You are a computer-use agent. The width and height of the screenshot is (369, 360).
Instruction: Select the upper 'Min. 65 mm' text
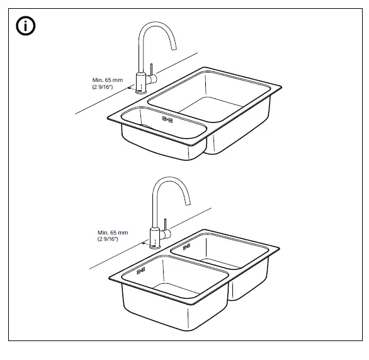[x=105, y=79]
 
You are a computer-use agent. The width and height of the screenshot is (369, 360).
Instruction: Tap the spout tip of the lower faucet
[x=188, y=204]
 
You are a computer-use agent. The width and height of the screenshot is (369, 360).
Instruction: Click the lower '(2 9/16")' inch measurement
[x=111, y=240]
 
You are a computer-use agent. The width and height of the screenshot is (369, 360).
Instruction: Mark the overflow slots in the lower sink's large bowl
[x=139, y=272]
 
